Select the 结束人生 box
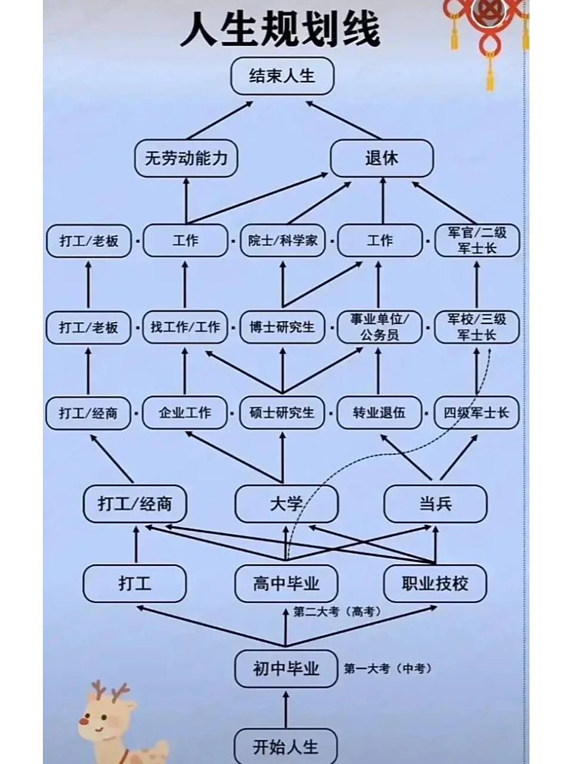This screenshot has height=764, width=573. pos(282,76)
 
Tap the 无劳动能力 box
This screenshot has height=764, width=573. pos(186,159)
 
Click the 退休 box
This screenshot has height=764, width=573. pos(382,159)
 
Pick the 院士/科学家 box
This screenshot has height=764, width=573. pos(283,241)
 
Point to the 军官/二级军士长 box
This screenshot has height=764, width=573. pos(476,241)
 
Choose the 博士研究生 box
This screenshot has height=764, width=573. pos(283,327)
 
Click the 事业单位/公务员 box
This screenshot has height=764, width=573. pos(379,327)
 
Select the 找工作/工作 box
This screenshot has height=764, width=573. pos(185,327)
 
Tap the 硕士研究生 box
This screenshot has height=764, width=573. pos(283,413)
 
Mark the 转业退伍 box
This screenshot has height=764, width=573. pos(379,413)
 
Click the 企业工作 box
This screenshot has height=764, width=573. pos(185,413)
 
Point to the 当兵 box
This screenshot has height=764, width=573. pos(435,504)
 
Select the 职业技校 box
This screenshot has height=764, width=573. pos(435,584)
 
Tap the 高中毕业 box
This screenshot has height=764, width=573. pos(286,584)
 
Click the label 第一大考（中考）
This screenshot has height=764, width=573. pos(388,669)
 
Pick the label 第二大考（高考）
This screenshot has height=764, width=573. pos(337,612)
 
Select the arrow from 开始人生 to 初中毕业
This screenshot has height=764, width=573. pos(286,709)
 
